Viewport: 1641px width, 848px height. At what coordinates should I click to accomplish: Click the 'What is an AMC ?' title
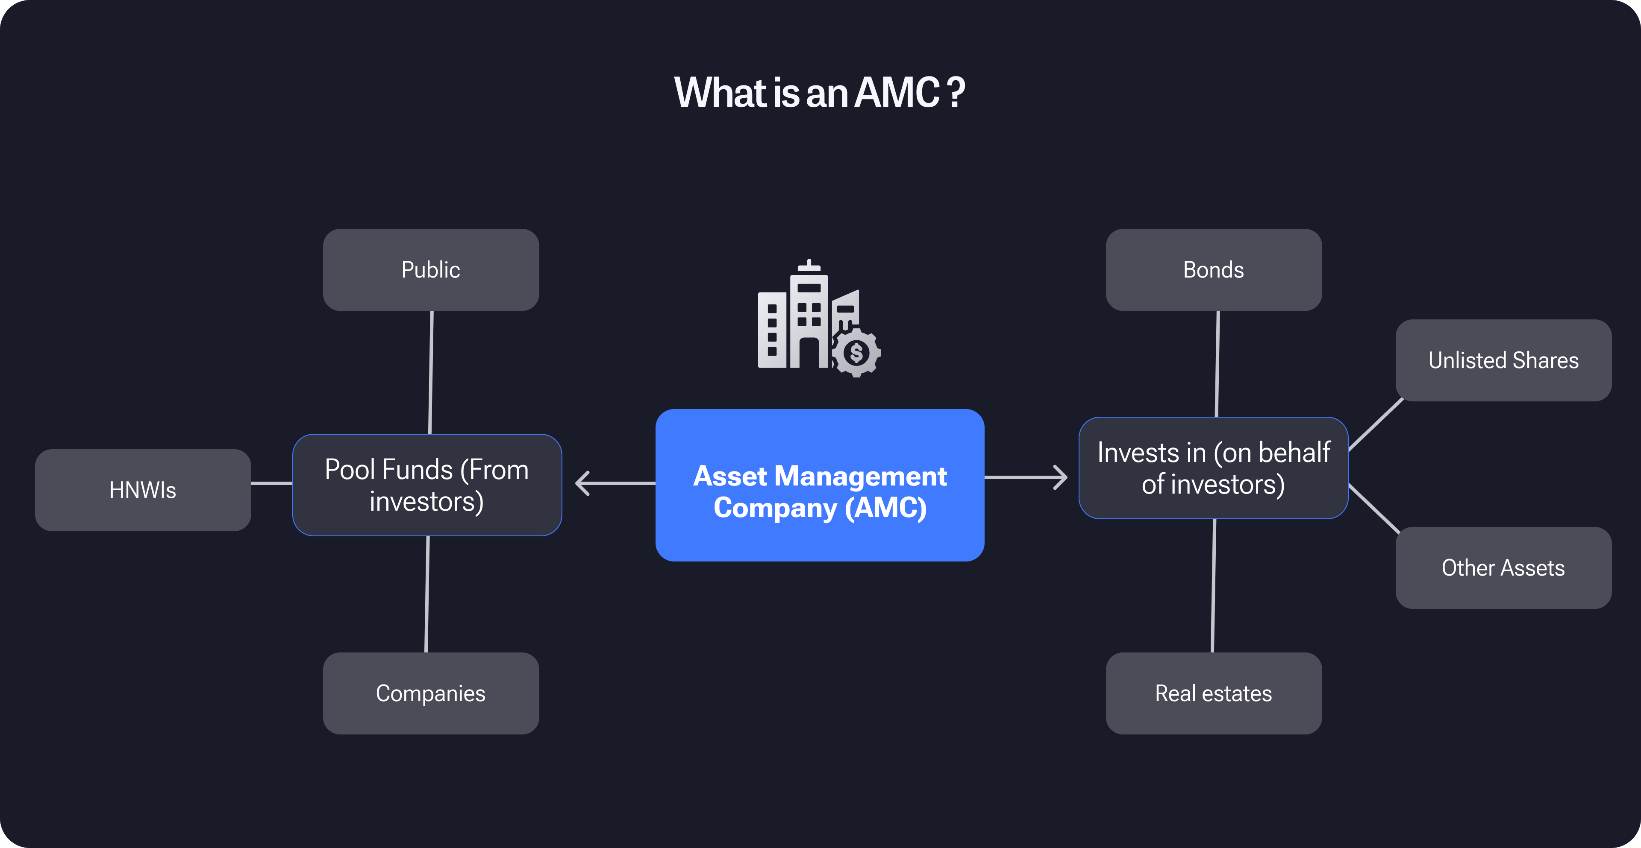[819, 92]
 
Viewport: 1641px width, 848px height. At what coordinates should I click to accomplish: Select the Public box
[431, 270]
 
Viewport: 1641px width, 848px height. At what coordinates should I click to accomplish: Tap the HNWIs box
[143, 490]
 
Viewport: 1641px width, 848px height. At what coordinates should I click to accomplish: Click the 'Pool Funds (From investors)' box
[427, 485]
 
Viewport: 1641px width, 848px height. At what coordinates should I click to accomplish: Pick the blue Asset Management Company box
[819, 485]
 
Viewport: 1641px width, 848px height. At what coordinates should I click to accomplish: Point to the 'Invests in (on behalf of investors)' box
[1213, 468]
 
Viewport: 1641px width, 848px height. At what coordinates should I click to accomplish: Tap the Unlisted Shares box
[1503, 360]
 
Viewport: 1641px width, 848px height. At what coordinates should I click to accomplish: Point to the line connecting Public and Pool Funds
[431, 372]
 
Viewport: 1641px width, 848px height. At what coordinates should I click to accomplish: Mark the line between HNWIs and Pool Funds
[272, 483]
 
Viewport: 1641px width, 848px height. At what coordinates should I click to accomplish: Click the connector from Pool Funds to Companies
[427, 594]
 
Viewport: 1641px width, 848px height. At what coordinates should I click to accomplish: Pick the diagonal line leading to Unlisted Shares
[1376, 424]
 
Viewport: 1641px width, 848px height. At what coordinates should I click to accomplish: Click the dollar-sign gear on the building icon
[856, 353]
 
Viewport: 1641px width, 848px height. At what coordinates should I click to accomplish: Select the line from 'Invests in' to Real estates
[1214, 586]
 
